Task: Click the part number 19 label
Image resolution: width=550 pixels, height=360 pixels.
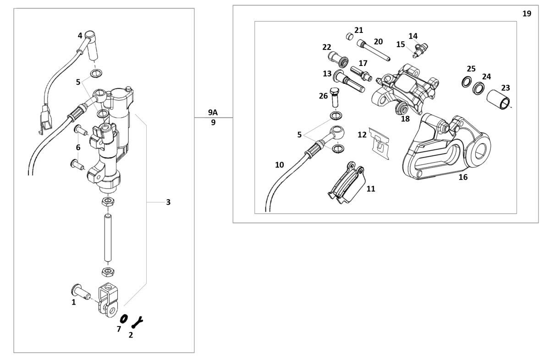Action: pos(527,13)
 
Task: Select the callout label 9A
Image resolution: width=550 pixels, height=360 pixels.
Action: pos(213,112)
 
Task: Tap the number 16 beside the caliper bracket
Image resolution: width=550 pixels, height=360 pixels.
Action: pos(463,177)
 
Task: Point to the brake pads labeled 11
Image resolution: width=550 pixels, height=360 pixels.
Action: pos(346,182)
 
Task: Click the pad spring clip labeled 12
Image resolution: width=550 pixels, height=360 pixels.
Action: pos(379,143)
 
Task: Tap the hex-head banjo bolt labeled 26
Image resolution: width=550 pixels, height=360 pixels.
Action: pos(335,98)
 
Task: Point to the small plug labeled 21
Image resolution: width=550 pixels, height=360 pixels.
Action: pos(350,37)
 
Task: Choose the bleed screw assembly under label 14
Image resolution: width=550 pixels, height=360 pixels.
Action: pos(420,50)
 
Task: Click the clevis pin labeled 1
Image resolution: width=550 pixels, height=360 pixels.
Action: pos(81,292)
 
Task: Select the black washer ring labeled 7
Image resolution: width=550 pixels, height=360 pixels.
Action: pos(124,319)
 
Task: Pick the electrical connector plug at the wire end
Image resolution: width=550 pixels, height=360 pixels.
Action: pos(45,120)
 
